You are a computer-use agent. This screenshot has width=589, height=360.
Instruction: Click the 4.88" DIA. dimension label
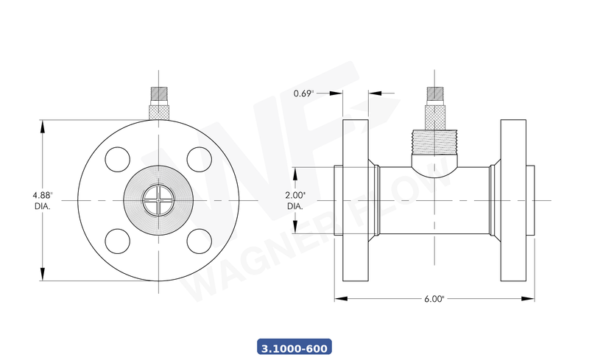(x=43, y=200)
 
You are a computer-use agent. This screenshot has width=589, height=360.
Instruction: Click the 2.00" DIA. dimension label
(x=294, y=201)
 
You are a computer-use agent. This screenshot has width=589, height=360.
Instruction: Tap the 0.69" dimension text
(x=303, y=93)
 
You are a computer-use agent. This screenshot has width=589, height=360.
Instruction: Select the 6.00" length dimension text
(x=434, y=299)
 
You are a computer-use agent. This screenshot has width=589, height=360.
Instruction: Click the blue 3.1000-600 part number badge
(x=294, y=347)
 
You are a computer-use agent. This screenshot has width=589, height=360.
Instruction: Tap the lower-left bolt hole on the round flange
(x=119, y=240)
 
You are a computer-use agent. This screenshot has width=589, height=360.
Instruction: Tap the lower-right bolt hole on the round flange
(x=197, y=240)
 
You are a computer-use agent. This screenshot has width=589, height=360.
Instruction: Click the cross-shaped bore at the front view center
(x=158, y=200)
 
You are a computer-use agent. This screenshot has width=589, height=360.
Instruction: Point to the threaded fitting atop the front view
(x=158, y=104)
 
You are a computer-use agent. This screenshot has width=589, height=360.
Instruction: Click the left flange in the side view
(x=355, y=200)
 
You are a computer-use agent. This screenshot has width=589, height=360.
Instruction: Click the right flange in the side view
(x=513, y=200)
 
